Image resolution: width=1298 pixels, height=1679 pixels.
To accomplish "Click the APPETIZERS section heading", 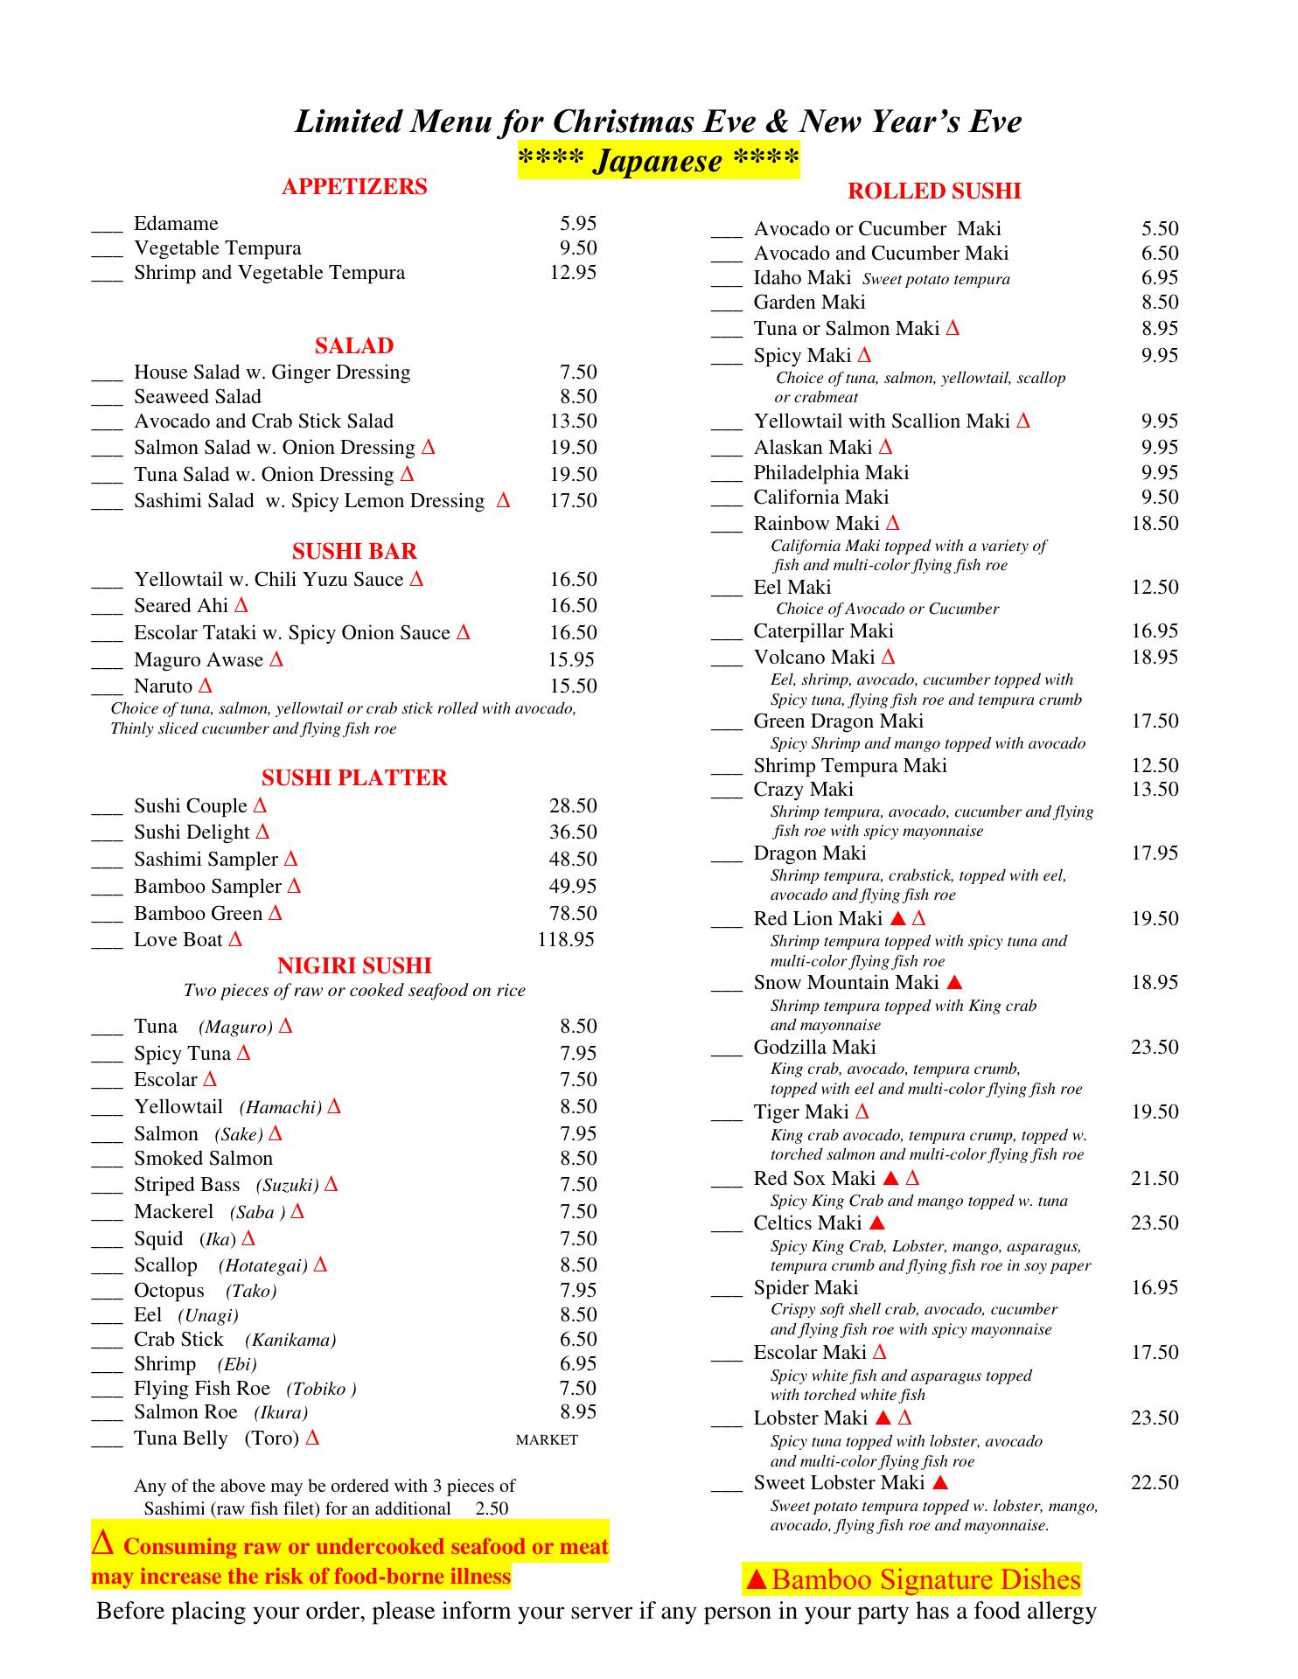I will click(354, 186).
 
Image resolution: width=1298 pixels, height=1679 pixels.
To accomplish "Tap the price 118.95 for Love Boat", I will click(565, 940).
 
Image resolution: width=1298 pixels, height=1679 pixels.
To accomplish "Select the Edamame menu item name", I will click(176, 224).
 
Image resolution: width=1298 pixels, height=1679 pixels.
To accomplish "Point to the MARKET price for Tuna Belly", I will click(547, 1440).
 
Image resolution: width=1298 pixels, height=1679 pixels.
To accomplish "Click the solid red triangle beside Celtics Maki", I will click(878, 1223).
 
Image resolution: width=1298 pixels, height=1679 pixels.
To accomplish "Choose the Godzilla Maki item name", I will click(814, 1048).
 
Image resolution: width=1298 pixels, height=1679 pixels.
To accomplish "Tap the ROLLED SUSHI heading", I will click(934, 192).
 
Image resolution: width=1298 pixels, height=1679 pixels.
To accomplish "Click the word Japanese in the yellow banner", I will click(658, 162).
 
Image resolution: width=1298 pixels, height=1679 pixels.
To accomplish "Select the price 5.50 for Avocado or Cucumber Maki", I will click(1160, 229).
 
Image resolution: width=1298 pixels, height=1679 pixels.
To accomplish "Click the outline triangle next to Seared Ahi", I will click(241, 605).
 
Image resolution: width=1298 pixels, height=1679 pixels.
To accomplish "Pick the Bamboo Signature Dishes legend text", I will click(926, 1580).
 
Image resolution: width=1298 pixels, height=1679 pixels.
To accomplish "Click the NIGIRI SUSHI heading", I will click(354, 965).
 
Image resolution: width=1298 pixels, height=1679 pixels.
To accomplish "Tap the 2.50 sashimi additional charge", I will click(492, 1508).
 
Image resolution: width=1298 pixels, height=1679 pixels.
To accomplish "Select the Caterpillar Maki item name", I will click(823, 631).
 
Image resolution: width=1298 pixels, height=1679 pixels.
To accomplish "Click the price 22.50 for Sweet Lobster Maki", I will click(1155, 1483).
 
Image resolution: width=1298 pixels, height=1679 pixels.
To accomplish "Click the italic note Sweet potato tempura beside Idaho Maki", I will click(936, 280).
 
